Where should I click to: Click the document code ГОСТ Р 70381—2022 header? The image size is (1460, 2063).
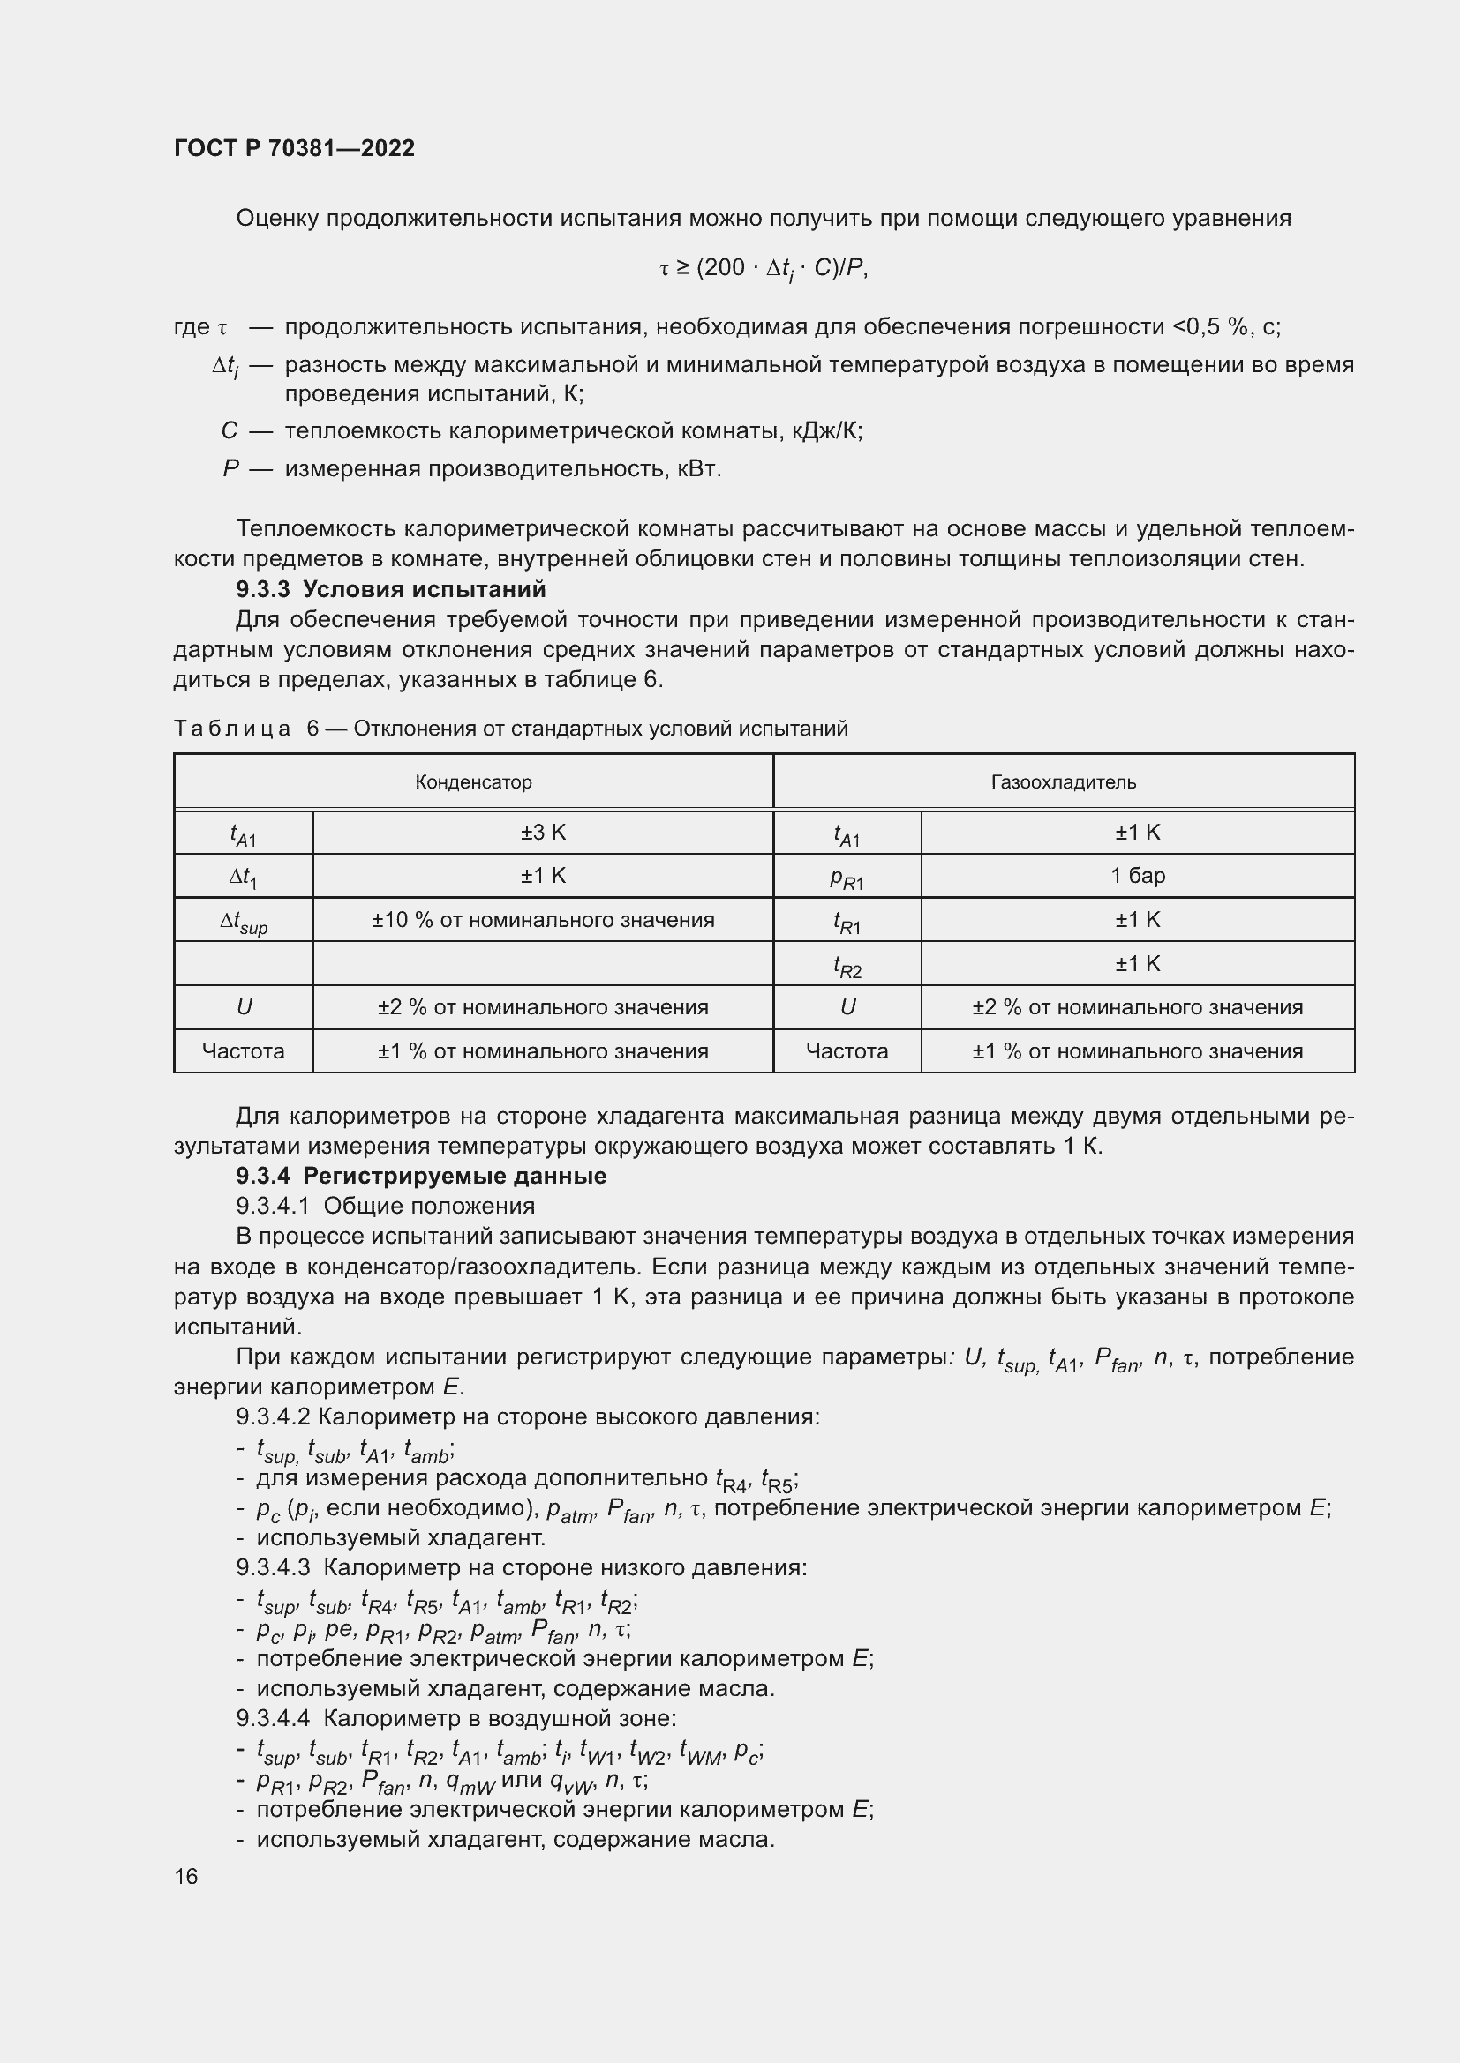coord(294,148)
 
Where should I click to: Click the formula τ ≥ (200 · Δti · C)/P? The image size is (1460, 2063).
coord(764,269)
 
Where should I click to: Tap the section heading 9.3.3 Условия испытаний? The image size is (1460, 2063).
coord(390,589)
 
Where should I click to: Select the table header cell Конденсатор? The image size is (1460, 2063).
coord(473,781)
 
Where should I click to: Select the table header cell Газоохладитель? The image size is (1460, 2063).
coord(1063,781)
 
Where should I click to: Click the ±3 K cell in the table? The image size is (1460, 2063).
coord(542,832)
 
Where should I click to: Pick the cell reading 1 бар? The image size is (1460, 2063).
coord(1137,875)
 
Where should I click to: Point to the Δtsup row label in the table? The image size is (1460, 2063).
coord(244,921)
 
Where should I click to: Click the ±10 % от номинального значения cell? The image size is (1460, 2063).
coord(542,919)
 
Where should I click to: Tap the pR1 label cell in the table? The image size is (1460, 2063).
coord(846,877)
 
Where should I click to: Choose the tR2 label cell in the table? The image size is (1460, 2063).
coord(846,965)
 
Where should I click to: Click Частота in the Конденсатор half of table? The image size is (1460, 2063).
coord(243,1050)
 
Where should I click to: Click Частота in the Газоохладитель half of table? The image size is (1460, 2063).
coord(846,1050)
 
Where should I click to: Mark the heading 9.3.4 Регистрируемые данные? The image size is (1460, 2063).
coord(421,1177)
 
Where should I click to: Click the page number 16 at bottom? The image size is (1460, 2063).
coord(186,1876)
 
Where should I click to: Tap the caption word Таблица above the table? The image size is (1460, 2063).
coord(232,729)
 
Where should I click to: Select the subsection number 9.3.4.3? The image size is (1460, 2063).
coord(273,1568)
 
